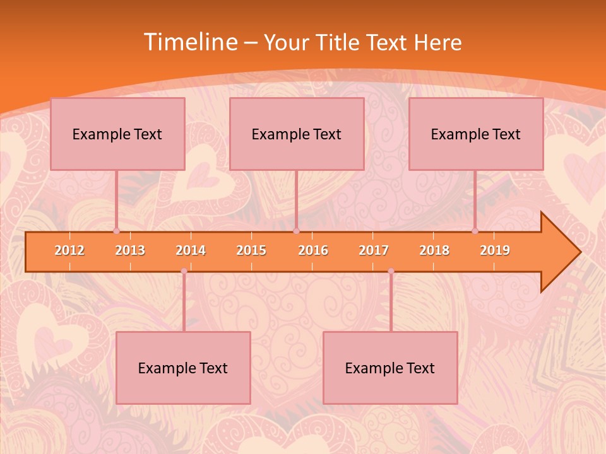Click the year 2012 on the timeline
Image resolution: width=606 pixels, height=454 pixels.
coord(69,250)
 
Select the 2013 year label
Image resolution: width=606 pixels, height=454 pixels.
coord(130,250)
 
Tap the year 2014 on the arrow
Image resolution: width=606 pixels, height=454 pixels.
coord(191,250)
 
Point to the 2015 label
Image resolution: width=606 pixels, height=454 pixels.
coord(251,250)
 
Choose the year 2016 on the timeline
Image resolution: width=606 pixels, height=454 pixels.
coord(313,250)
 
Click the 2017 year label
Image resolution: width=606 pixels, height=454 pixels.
coord(374,250)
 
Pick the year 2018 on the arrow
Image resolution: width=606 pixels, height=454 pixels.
coord(434,250)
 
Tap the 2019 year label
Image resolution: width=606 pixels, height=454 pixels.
coord(495,250)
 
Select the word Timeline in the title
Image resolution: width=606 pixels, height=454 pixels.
coord(189,42)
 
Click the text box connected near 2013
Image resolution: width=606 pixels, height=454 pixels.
coord(117,134)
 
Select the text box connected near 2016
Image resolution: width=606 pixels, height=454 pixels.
coord(297,134)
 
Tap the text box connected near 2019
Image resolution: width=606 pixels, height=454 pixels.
coord(476,134)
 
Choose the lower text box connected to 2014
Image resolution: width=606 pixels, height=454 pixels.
coord(183,368)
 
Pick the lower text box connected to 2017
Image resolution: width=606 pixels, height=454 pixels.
coord(390,368)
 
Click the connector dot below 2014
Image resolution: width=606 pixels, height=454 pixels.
coord(184,271)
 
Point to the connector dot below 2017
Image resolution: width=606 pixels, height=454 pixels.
coord(391,271)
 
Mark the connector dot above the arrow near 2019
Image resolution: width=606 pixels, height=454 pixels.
coord(475,231)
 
